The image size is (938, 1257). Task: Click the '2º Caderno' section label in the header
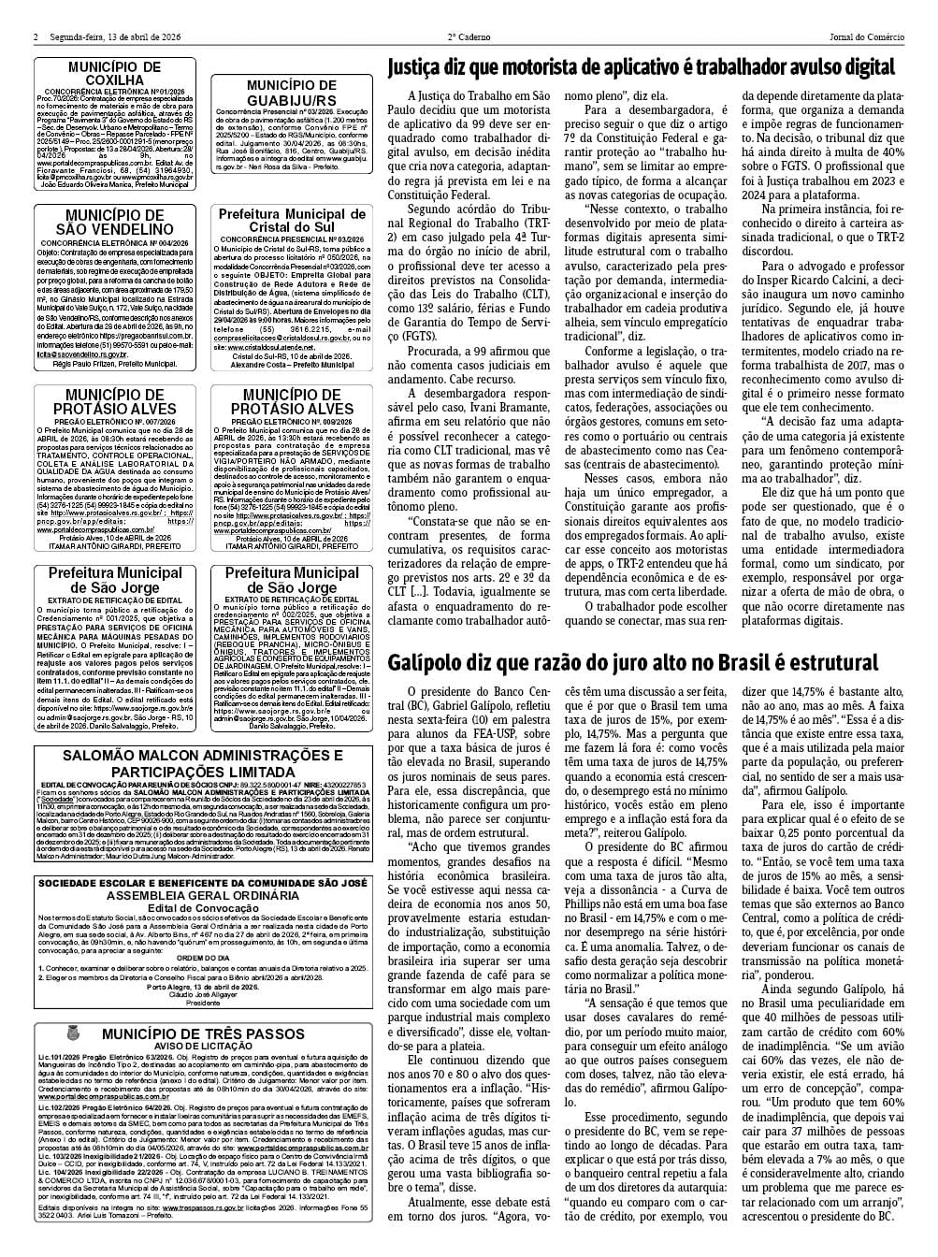469,37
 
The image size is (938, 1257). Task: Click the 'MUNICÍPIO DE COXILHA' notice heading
114,74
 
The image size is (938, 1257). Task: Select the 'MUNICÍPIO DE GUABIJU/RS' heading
291,94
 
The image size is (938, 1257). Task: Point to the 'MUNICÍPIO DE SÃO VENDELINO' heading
114,223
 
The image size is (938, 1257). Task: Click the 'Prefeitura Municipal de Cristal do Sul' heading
291,223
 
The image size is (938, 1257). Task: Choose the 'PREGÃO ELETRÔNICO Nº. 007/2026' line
114,422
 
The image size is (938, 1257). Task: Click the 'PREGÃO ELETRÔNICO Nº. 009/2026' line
291,422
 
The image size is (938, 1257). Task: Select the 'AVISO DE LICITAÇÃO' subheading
203,1046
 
